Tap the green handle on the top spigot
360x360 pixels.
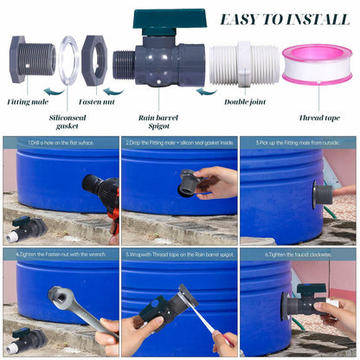pyautogui.click(x=169, y=20)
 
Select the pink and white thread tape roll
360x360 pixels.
pyautogui.click(x=317, y=64)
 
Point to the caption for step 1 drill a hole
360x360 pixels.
pyautogui.click(x=61, y=142)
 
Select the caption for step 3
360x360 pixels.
pyautogui.click(x=299, y=142)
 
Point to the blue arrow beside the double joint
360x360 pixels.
pyautogui.click(x=206, y=91)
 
